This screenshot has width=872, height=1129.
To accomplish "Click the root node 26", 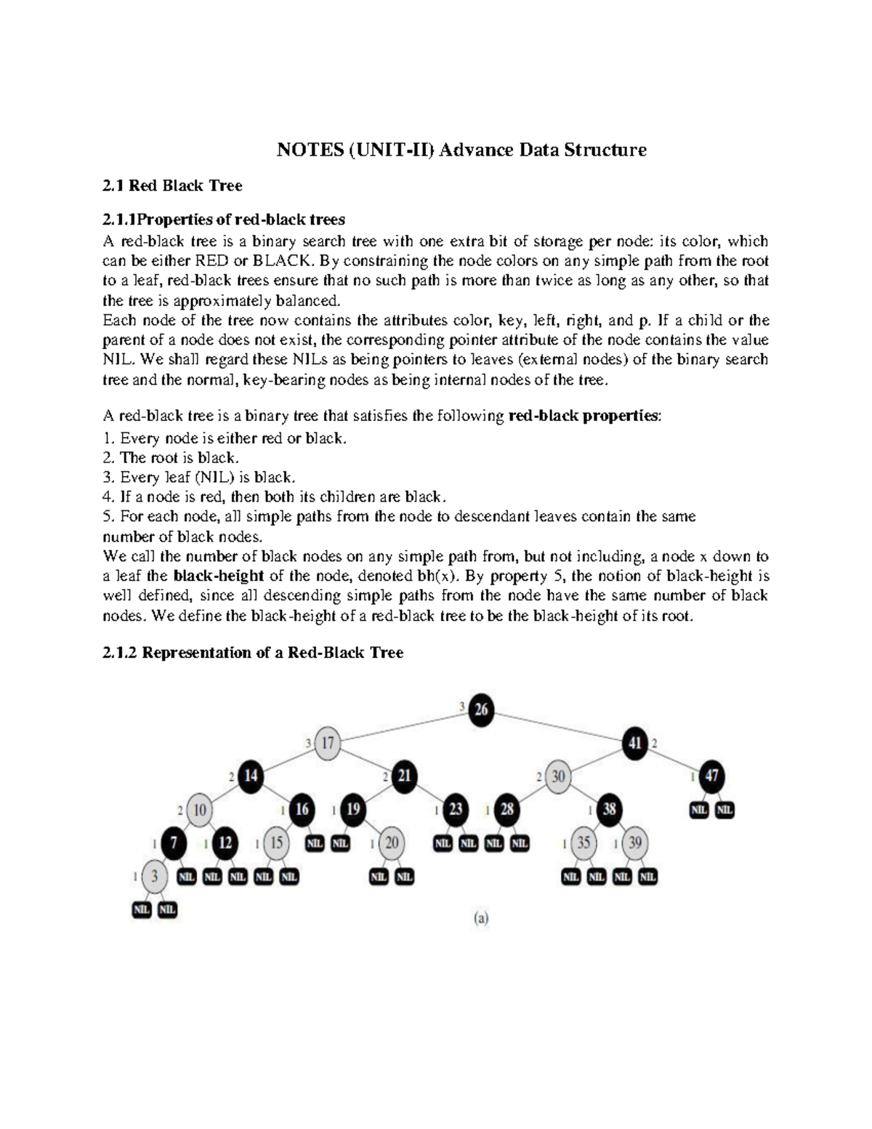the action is coord(481,710).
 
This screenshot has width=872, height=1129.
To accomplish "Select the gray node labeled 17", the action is coord(328,743).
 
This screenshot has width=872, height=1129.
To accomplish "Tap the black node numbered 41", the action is coord(635,743).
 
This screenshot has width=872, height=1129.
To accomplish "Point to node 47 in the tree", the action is coord(711,776).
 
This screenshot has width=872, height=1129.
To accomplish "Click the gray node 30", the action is coord(558,776).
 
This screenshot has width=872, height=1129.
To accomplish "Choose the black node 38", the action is coord(609,809).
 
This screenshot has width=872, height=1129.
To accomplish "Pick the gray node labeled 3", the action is coord(154,876).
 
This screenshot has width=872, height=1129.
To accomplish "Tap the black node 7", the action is coord(174,843).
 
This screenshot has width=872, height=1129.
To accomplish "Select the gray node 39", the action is coord(635,843).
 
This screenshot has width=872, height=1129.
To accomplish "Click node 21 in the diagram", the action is coord(404,776).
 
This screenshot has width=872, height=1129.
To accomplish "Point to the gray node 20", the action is coord(392,843).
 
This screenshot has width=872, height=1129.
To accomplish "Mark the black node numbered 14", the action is coord(251,776).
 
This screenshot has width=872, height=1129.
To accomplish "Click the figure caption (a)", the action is coord(481,918).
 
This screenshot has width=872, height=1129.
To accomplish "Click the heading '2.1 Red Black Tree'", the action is coord(173,185).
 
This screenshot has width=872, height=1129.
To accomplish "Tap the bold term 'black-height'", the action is coord(219,576).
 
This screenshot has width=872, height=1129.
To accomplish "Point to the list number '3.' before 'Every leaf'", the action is coord(109,478).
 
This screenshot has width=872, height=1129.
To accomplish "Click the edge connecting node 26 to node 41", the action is coord(560,726).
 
